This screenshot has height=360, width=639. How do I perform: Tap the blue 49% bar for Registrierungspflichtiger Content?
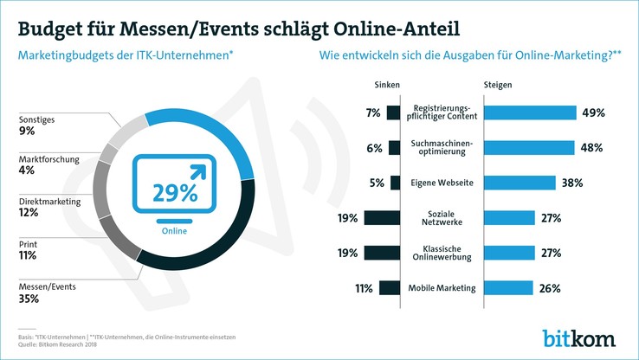pos(529,112)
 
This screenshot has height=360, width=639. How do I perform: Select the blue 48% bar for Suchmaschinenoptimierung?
pos(528,148)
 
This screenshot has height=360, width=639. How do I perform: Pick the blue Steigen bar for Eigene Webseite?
pos(519,183)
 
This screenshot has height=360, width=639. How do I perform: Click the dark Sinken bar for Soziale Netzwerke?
pos(382,218)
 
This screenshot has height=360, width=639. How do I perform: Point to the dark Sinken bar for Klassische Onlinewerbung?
pos(382,253)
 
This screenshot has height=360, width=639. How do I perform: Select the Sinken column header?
pos(387,87)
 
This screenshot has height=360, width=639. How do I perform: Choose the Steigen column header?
pos(497,87)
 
